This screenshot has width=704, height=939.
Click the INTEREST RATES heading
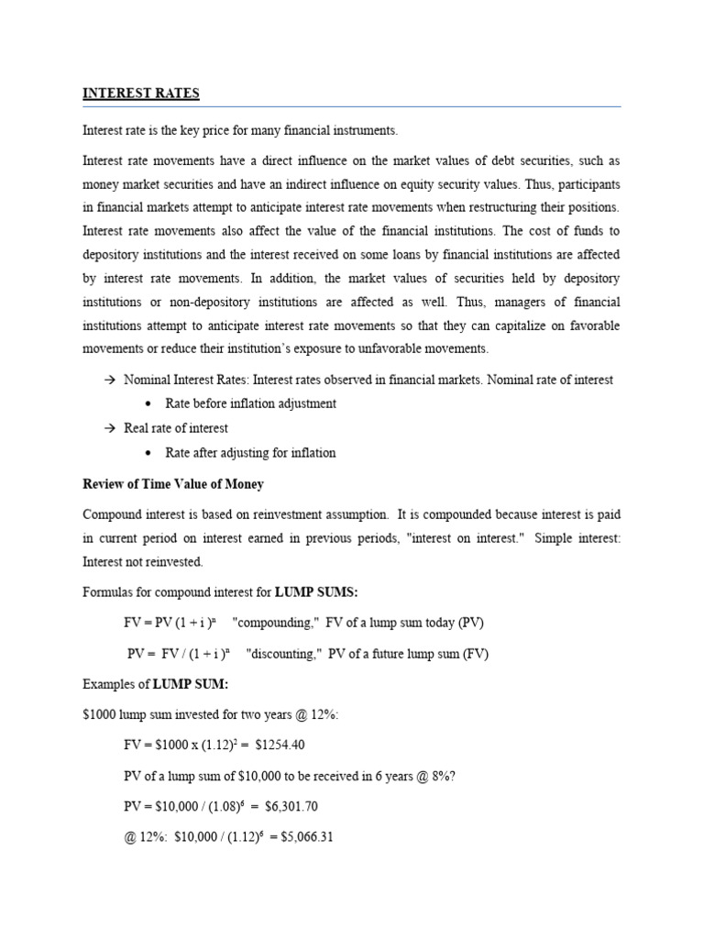pyautogui.click(x=141, y=94)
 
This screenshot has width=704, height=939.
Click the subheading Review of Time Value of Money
pyautogui.click(x=173, y=484)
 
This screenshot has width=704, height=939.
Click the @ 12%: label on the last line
pyautogui.click(x=141, y=836)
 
